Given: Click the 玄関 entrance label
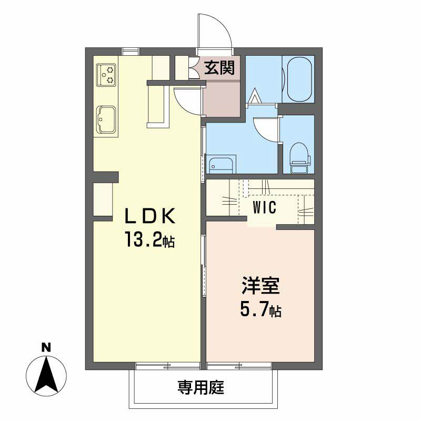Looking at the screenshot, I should click(x=220, y=68).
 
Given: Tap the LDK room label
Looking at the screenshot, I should click(x=149, y=216).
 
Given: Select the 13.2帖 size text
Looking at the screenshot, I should click(x=149, y=241).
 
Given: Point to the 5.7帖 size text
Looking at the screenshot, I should click(x=260, y=310).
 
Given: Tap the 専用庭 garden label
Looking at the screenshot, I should click(x=201, y=388).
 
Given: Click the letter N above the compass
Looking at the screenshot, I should click(x=46, y=347).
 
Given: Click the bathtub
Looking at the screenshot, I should click(x=298, y=78).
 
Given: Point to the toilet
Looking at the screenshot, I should click(x=300, y=156).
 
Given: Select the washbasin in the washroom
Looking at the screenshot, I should click(x=220, y=164).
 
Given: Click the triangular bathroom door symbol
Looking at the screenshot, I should click(x=255, y=97).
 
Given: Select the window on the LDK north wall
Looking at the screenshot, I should click(x=131, y=52).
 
